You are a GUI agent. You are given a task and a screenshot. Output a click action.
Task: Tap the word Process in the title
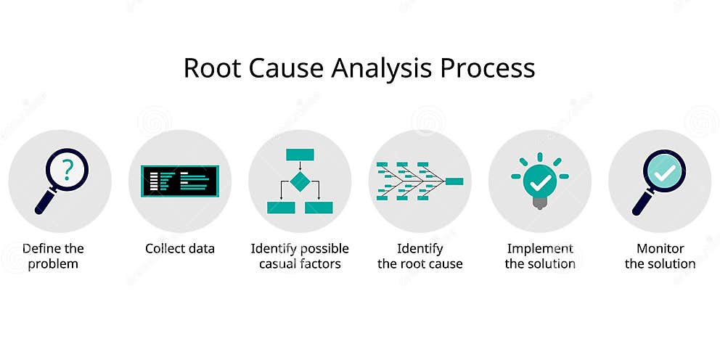pyautogui.click(x=489, y=68)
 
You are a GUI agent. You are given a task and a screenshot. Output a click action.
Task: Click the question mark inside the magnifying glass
pyautogui.click(x=67, y=169)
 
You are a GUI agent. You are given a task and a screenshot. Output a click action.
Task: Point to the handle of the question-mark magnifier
pyautogui.click(x=43, y=203)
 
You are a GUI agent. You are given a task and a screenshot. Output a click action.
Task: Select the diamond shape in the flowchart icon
pyautogui.click(x=300, y=181)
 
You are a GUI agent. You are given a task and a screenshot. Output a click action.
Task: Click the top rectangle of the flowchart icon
pyautogui.click(x=300, y=154)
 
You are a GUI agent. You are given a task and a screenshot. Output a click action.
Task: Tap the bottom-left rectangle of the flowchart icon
pyautogui.click(x=281, y=208)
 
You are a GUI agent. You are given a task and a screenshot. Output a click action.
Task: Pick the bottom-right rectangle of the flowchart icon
pyautogui.click(x=319, y=208)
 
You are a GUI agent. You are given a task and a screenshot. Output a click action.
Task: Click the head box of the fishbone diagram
pyautogui.click(x=454, y=181)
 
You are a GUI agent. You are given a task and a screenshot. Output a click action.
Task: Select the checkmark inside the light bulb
pyautogui.click(x=539, y=179)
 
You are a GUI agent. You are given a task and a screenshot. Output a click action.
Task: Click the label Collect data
pyautogui.click(x=180, y=249)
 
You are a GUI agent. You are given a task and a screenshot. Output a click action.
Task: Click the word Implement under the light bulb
pyautogui.click(x=540, y=249)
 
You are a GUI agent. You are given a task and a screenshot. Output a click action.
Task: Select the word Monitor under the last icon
pyautogui.click(x=660, y=249)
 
